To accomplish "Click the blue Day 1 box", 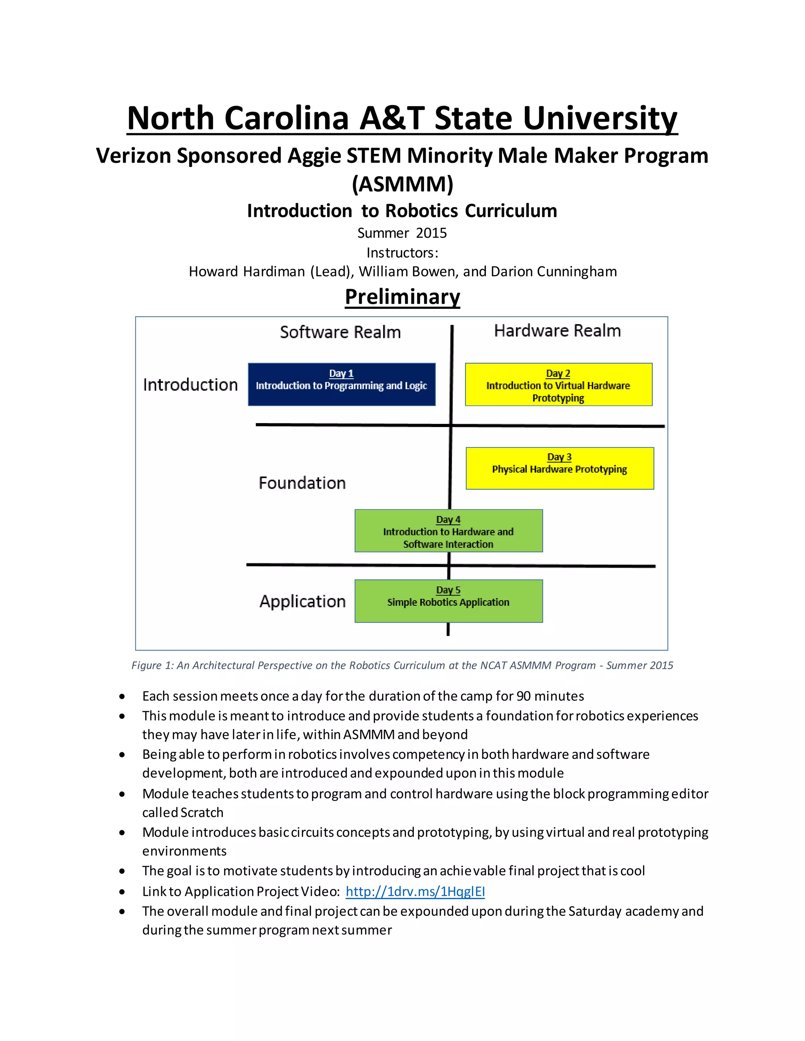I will pos(342,384).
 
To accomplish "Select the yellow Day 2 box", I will pos(559,384).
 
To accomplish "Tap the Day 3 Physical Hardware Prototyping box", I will pos(559,468).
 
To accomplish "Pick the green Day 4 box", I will pos(448,530).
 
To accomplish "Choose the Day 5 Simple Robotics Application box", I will pos(448,601).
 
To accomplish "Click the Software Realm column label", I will pos(340,332).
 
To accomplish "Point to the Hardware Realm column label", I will pos(557,330).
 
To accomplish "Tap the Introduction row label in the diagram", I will pos(190,385).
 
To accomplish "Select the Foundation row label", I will pos(302,483).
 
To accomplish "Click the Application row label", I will pos(302,601).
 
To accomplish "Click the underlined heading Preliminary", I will pos(402,297).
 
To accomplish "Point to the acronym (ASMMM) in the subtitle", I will pos(402,184).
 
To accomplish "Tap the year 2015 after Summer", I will pos(431,233).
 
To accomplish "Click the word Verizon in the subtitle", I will pos(134,156).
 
